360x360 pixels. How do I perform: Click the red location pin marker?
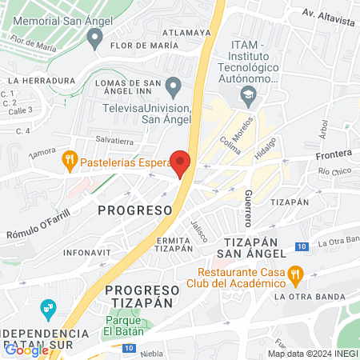coord(181,162)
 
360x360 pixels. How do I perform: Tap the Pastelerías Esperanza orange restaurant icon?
coord(70,160)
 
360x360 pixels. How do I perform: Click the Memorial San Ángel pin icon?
coord(96,36)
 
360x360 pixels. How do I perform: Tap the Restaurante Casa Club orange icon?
coord(296,274)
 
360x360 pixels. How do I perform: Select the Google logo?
coord(26,350)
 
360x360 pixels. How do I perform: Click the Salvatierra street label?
coord(113,139)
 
